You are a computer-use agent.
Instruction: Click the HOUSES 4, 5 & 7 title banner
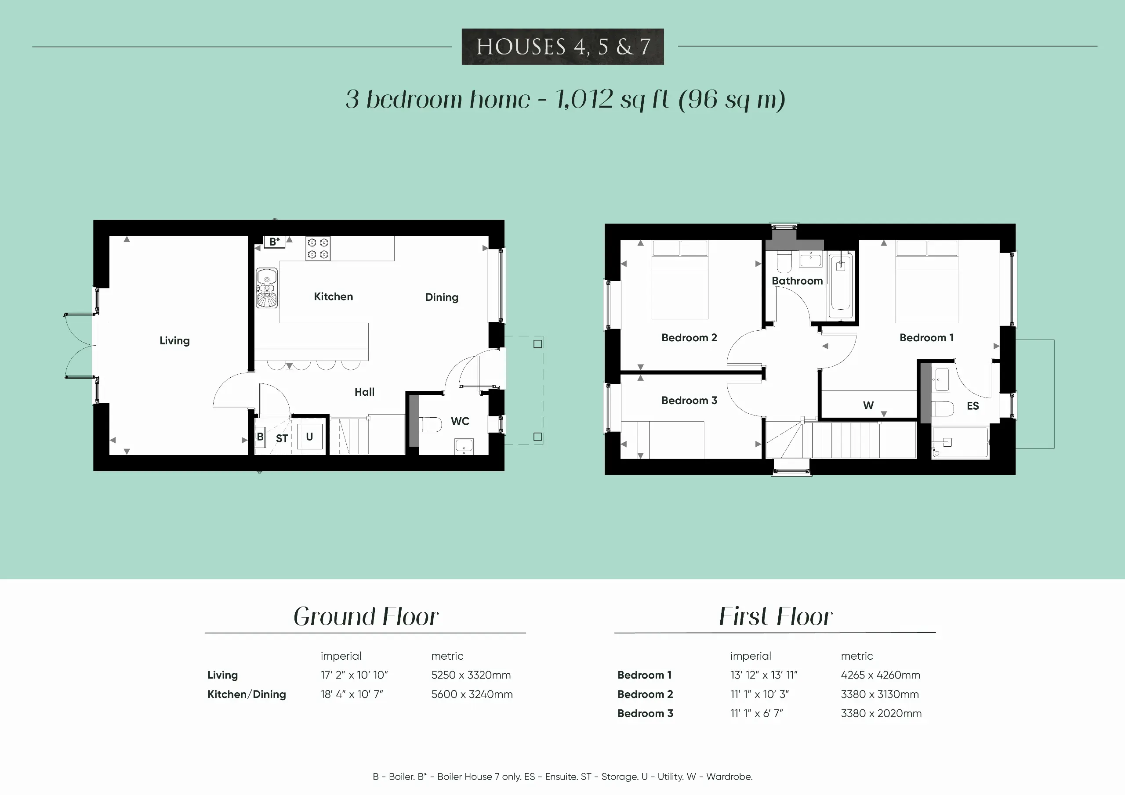[x=562, y=47]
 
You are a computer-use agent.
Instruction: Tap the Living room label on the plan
[x=174, y=340]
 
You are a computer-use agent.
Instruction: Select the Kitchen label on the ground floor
[x=333, y=296]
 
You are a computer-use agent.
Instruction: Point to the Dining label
[x=442, y=297]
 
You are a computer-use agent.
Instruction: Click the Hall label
[x=365, y=392]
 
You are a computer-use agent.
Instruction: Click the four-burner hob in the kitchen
[x=318, y=248]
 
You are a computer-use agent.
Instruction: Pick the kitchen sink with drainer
[x=267, y=288]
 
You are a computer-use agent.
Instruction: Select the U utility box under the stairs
[x=309, y=437]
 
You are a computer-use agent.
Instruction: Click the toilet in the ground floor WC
[x=431, y=424]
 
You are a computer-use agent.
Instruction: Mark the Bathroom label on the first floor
[x=797, y=281]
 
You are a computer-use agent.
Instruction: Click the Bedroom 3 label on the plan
[x=689, y=400]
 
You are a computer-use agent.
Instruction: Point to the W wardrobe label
[x=868, y=405]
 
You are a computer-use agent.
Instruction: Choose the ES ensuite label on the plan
[x=973, y=405]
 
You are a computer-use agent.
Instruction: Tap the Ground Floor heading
[x=366, y=616]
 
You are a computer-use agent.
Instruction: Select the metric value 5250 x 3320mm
[x=471, y=675]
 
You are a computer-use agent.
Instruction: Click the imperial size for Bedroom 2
[x=759, y=694]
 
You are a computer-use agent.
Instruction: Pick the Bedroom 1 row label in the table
[x=644, y=675]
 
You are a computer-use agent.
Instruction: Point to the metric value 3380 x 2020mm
[x=881, y=713]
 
